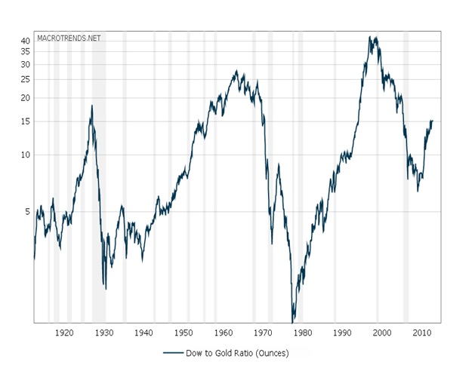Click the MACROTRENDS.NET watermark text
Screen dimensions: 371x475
69,37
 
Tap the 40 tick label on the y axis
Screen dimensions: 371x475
25,41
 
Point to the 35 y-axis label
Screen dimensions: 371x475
25,51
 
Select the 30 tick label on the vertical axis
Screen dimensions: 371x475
25,64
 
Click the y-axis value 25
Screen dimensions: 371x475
25,79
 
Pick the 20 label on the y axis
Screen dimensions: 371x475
25,98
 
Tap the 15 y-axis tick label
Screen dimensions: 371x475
25,121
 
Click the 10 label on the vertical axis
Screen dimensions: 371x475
25,155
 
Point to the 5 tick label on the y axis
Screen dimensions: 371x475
27,212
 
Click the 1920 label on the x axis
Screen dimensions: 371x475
65,333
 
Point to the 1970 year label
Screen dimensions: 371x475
263,333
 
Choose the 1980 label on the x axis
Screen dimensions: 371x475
303,333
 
